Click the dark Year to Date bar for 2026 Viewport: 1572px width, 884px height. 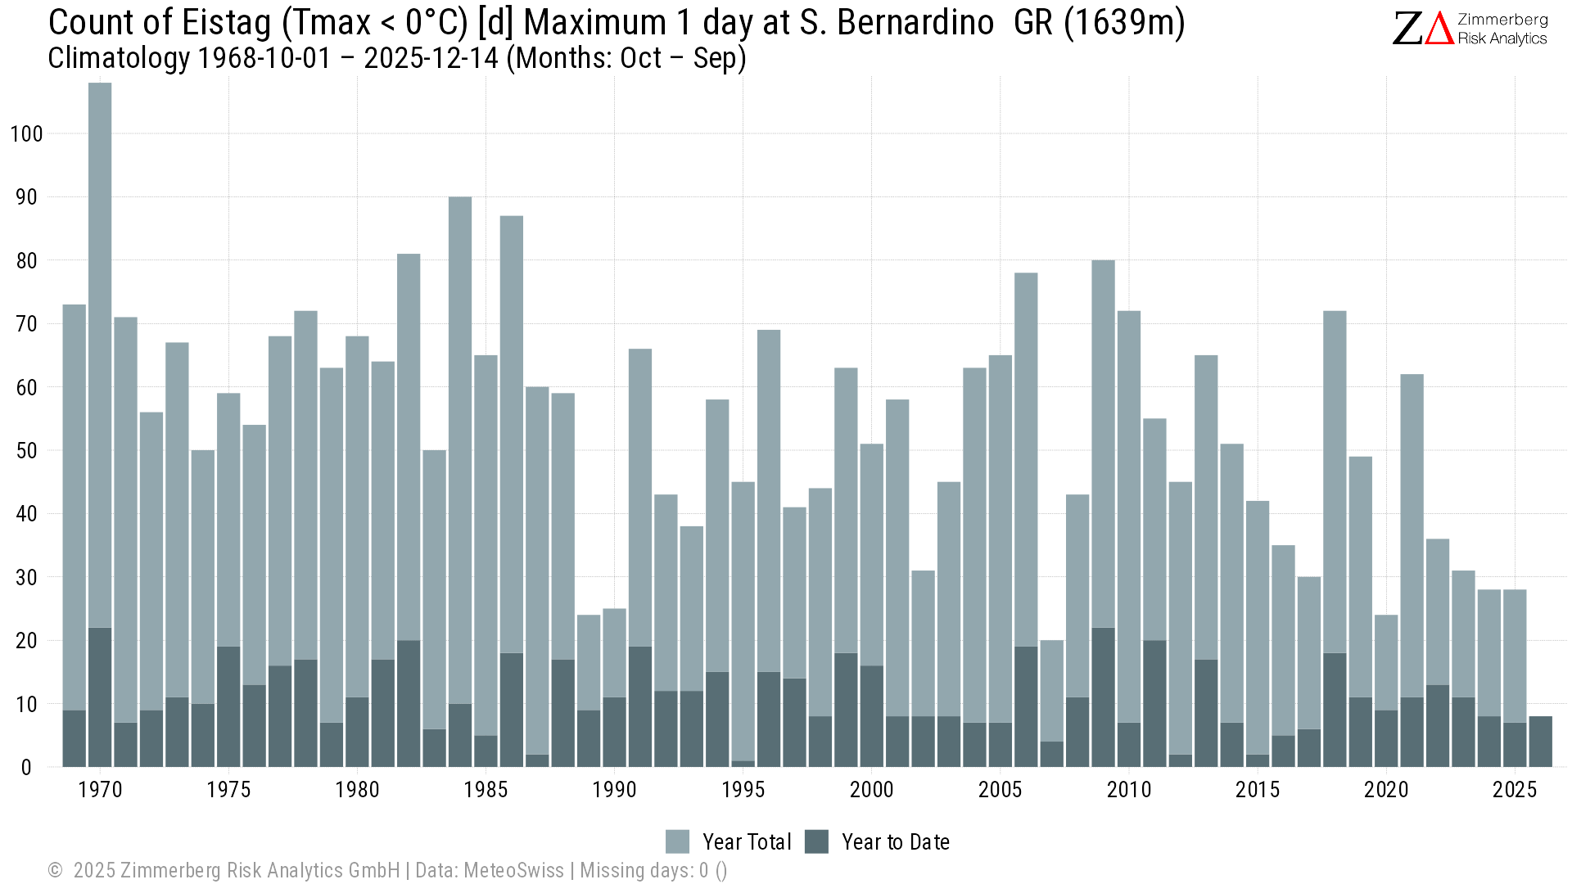(1540, 742)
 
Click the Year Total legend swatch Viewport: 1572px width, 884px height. (677, 841)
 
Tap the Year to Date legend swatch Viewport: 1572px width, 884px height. (816, 841)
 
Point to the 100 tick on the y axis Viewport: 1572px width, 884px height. (26, 134)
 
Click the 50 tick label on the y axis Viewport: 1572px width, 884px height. (26, 451)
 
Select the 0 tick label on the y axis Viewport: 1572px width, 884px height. (26, 768)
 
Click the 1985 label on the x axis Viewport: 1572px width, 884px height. (486, 790)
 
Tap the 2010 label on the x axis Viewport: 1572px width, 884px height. (1129, 790)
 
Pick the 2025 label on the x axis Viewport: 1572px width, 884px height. (1515, 790)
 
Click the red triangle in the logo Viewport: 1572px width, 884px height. (1439, 29)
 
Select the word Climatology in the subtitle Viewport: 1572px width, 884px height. (119, 59)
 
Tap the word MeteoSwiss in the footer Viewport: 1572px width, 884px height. (513, 870)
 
